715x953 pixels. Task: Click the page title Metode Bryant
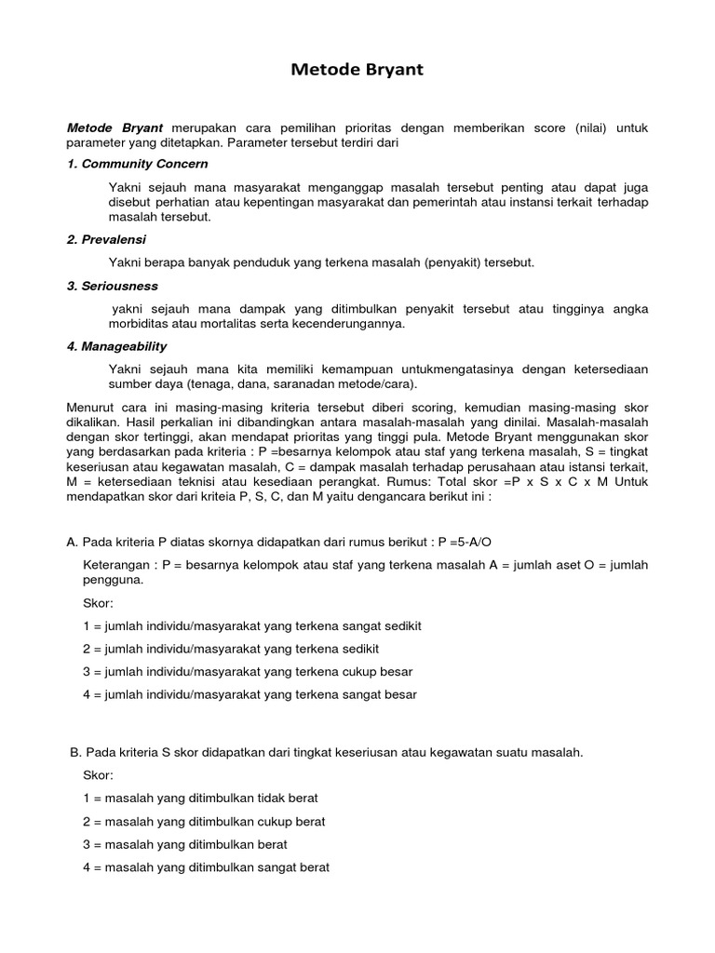pos(357,70)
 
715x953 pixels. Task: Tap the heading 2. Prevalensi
pos(106,239)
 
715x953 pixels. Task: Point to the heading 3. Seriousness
pos(113,286)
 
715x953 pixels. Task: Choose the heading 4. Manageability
pos(116,346)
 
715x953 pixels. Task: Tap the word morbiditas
pos(141,324)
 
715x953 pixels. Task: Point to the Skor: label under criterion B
pos(98,775)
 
